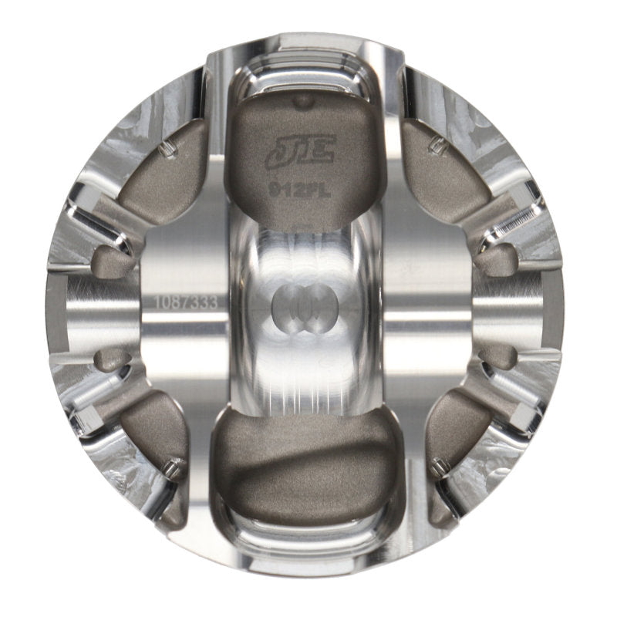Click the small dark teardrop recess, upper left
pos(113,262)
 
